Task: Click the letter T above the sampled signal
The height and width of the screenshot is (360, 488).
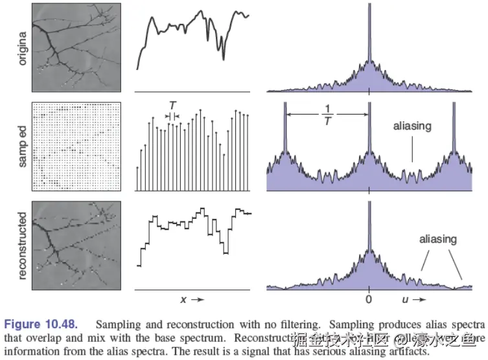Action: pyautogui.click(x=172, y=106)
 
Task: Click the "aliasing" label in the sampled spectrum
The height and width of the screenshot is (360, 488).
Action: pyautogui.click(x=412, y=126)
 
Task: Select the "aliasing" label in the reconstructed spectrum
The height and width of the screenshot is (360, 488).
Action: pyautogui.click(x=437, y=240)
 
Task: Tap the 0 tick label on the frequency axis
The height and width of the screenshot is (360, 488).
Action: pyautogui.click(x=369, y=300)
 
